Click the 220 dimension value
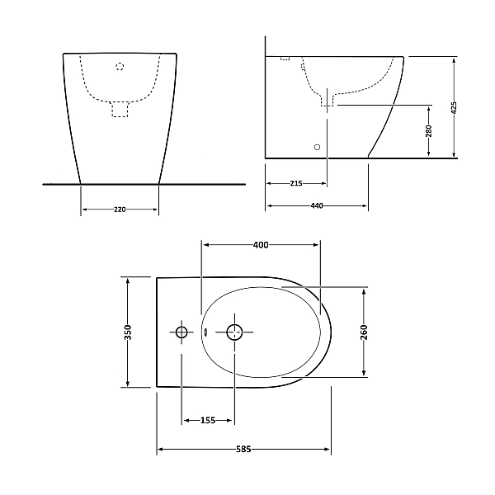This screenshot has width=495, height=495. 120,210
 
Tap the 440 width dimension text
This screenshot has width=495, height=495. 317,205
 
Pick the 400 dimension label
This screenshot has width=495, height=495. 261,245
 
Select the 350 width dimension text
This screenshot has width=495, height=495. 128,332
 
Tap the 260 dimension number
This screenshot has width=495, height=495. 364,332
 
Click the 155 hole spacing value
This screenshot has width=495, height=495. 208,421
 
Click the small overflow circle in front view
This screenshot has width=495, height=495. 120,66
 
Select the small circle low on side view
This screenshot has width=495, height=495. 318,147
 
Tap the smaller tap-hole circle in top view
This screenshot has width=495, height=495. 181,332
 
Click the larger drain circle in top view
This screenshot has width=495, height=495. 235,332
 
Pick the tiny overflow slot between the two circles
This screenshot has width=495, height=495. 204,332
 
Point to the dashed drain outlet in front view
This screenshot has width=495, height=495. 120,108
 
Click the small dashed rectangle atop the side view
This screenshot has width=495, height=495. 285,59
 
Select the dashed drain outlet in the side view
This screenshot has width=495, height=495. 328,100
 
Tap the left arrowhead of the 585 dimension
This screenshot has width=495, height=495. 159,450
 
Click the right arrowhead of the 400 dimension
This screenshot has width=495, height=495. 318,245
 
